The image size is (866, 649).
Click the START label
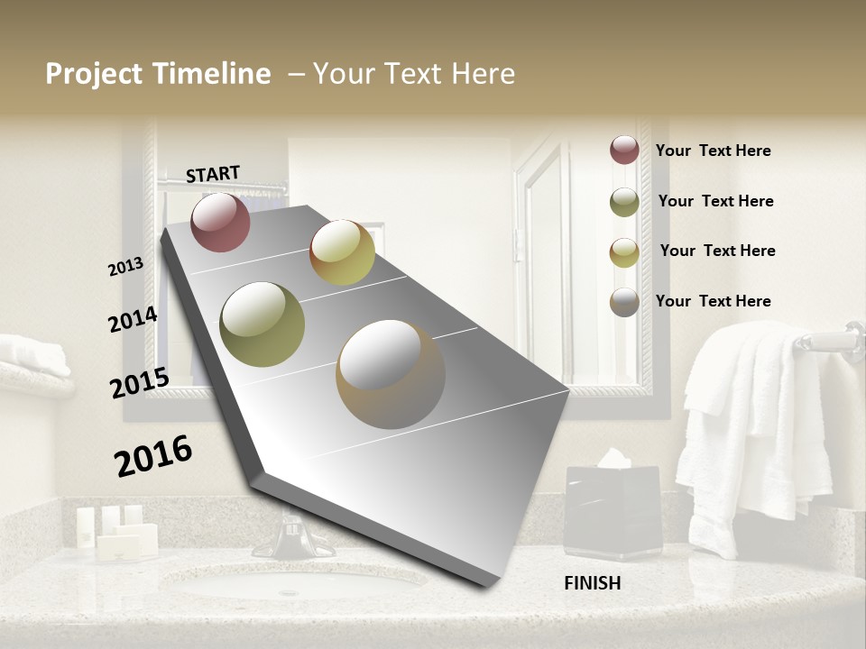[x=213, y=174]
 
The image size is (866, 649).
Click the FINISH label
[x=592, y=583]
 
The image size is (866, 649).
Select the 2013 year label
[x=125, y=267]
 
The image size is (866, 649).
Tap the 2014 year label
[x=133, y=320]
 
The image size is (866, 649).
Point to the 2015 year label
[x=139, y=383]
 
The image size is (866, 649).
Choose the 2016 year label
[x=153, y=456]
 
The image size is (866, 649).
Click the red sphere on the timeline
[x=220, y=222]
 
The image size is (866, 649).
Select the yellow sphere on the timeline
[x=342, y=252]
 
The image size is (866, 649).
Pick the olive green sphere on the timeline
[x=263, y=324]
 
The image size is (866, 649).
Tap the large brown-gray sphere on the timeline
[x=390, y=374]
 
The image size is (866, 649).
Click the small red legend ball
[x=624, y=150]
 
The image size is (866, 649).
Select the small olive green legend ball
[x=624, y=202]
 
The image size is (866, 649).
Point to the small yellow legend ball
[x=624, y=252]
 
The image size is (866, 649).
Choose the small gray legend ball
[x=624, y=302]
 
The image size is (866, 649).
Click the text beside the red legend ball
[x=713, y=151]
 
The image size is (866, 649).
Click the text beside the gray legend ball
[x=713, y=301]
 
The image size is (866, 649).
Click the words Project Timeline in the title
[x=158, y=74]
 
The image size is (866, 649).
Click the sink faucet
[x=290, y=536]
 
